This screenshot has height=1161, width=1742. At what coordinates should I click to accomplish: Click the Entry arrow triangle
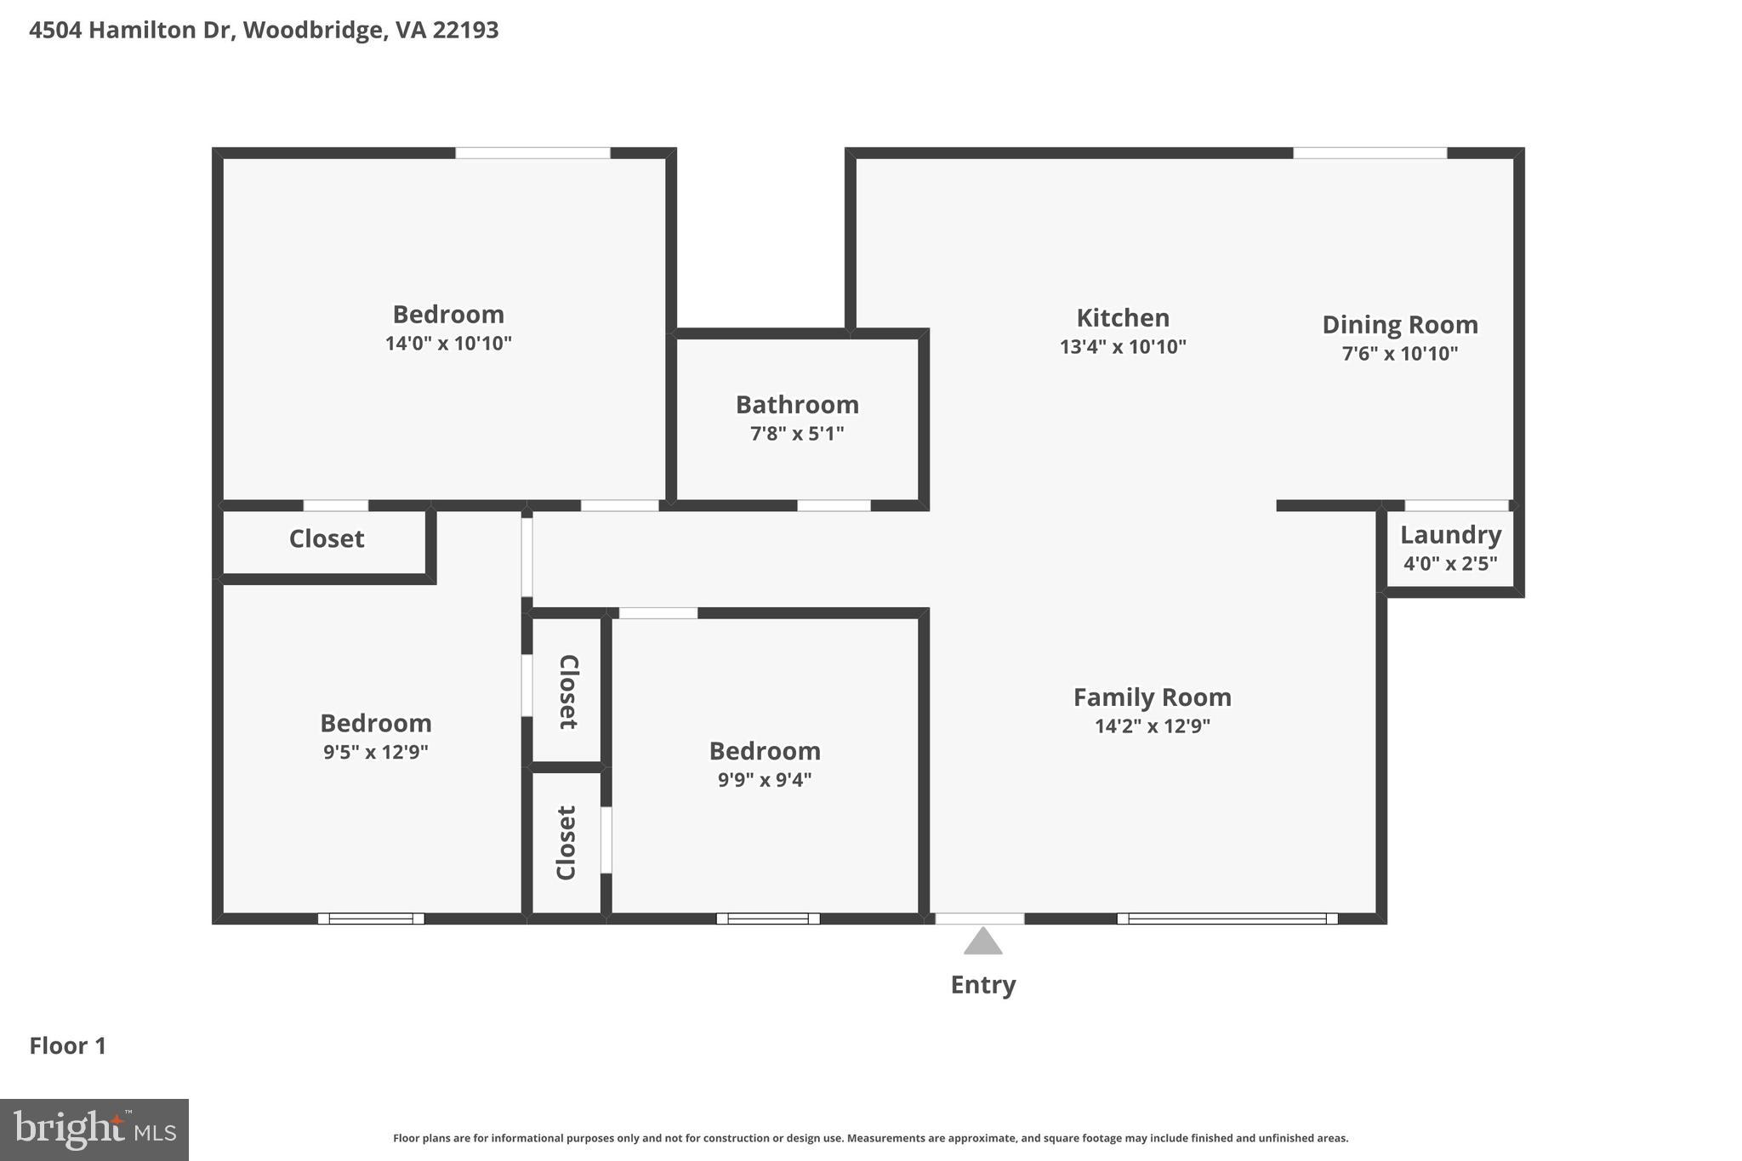pyautogui.click(x=982, y=942)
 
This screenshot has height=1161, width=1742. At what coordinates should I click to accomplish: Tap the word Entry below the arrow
pyautogui.click(x=982, y=985)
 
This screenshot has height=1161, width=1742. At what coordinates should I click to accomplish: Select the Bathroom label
pyautogui.click(x=797, y=405)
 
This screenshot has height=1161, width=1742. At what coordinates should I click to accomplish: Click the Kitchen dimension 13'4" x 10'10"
pyautogui.click(x=1123, y=347)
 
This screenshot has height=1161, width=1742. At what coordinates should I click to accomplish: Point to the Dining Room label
pyautogui.click(x=1399, y=325)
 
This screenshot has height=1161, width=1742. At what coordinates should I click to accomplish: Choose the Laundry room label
pyautogui.click(x=1450, y=535)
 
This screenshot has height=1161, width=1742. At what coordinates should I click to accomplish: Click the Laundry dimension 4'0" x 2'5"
pyautogui.click(x=1450, y=563)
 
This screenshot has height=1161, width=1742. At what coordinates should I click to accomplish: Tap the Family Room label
pyautogui.click(x=1152, y=697)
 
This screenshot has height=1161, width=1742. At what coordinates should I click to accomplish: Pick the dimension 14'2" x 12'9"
pyautogui.click(x=1152, y=726)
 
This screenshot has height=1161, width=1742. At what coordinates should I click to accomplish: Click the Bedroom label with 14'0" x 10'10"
pyautogui.click(x=448, y=315)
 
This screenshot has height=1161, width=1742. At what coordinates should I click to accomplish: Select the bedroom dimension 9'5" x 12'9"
pyautogui.click(x=375, y=752)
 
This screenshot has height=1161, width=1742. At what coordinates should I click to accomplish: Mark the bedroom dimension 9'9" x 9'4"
pyautogui.click(x=764, y=780)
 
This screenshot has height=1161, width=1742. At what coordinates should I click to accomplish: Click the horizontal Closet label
pyautogui.click(x=327, y=539)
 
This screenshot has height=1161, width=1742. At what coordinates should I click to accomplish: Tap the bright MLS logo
pyautogui.click(x=94, y=1130)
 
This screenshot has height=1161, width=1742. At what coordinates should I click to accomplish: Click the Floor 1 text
pyautogui.click(x=68, y=1046)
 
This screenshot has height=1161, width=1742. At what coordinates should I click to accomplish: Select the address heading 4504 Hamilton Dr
pyautogui.click(x=264, y=31)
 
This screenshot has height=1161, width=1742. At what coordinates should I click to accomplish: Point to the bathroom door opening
pyautogui.click(x=834, y=505)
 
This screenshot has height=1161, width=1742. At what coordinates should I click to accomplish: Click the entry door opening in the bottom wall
pyautogui.click(x=980, y=919)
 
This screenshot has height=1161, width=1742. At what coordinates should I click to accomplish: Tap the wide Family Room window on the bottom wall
pyautogui.click(x=1227, y=919)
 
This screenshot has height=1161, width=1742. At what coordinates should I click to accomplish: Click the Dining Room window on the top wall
pyautogui.click(x=1369, y=153)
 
